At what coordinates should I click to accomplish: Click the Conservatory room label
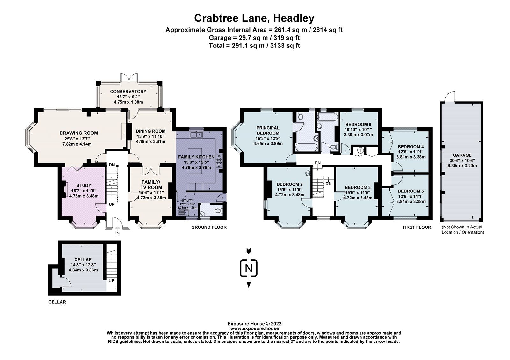(x=128, y=91)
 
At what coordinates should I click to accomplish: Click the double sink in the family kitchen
(x=196, y=135)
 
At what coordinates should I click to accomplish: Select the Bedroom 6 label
(x=358, y=124)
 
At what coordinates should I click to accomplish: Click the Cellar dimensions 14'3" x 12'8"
(x=83, y=265)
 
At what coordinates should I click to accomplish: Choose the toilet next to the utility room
(x=217, y=210)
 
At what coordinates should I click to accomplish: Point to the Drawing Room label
(x=79, y=133)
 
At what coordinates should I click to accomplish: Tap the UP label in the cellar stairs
(x=111, y=281)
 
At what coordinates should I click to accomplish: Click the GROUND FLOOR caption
(x=209, y=227)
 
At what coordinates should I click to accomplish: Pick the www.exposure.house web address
(x=254, y=328)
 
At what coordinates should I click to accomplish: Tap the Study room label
(x=84, y=185)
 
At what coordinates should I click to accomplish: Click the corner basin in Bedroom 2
(x=308, y=173)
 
